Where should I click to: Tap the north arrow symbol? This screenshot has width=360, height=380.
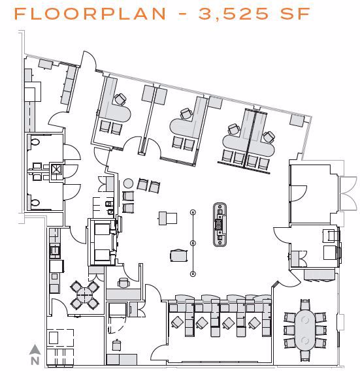pos(35,349)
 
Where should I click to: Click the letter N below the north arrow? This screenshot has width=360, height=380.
pos(35,360)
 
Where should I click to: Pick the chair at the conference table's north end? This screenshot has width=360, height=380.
pos(304,304)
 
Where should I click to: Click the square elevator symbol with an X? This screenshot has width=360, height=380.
pos(57,171)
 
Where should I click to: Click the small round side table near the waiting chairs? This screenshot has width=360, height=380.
pos(128,183)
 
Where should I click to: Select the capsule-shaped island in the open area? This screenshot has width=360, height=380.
pos(219,223)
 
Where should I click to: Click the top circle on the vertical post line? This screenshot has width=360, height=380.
pos(193,212)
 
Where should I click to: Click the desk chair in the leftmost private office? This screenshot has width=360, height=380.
pos(120,99)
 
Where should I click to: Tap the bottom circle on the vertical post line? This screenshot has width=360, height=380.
pos(193,273)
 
